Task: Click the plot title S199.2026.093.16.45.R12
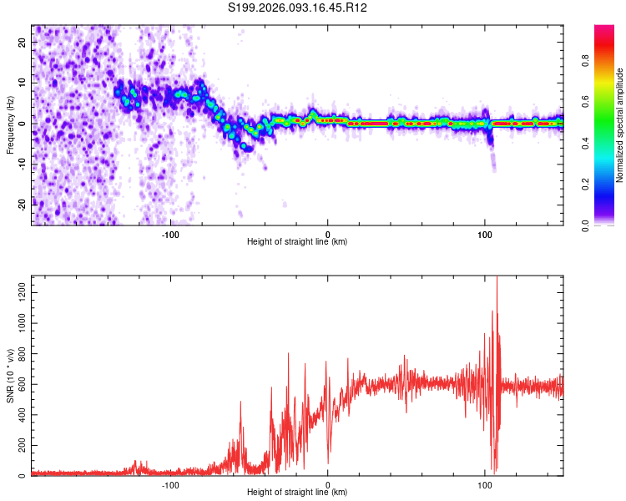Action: coord(298,8)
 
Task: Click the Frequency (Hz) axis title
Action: coord(10,124)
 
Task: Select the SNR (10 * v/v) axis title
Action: coord(10,376)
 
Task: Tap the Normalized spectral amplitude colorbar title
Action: coord(619,125)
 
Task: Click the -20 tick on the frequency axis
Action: coord(22,205)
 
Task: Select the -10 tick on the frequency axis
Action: coord(22,164)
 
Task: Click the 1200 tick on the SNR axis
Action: coord(18,285)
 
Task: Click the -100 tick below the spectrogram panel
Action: coord(171,234)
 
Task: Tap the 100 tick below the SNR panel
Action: coord(485,483)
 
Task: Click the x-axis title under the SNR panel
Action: coord(297,493)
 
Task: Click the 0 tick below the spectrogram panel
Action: coord(328,234)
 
